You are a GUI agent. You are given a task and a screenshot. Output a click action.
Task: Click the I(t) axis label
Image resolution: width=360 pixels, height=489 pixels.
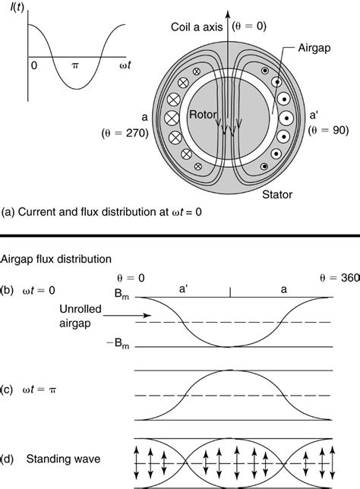click(17, 7)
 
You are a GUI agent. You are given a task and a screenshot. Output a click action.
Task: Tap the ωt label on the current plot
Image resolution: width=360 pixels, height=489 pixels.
click(125, 65)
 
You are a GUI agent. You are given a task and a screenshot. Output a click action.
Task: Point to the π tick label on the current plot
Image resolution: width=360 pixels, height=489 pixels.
click(75, 65)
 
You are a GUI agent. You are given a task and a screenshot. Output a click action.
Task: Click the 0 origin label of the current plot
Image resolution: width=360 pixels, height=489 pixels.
click(34, 65)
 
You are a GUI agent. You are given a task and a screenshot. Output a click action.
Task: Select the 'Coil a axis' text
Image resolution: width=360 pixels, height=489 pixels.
click(197, 27)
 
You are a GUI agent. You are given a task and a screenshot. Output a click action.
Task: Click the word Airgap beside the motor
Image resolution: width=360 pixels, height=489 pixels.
click(314, 48)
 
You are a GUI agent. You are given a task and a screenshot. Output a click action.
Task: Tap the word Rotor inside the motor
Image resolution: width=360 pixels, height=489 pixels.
click(203, 115)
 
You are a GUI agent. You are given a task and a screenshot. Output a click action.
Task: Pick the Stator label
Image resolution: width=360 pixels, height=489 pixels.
click(277, 194)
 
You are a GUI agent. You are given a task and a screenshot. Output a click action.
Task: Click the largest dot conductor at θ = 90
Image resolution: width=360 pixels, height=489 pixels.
click(286, 118)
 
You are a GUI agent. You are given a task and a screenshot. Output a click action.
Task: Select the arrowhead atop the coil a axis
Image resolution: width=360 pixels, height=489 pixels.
click(228, 14)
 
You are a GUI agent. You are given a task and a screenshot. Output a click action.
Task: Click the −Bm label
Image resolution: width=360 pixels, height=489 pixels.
click(118, 344)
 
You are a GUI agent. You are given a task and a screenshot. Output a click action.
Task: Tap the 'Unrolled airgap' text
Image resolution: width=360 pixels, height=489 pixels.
click(81, 316)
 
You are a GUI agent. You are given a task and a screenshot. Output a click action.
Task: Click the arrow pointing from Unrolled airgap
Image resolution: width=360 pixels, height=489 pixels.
click(128, 316)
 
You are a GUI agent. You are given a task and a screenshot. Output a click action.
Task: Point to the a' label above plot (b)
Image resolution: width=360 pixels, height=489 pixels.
click(183, 289)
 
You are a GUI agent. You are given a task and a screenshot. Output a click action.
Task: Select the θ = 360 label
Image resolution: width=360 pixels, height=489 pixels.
click(340, 278)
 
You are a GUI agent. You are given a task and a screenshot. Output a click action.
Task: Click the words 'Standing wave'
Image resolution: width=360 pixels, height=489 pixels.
click(63, 459)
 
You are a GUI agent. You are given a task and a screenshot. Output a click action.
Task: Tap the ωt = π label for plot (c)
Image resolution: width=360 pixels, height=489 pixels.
click(39, 390)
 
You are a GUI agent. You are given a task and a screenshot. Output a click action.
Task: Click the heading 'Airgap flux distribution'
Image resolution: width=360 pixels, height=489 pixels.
click(56, 259)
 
